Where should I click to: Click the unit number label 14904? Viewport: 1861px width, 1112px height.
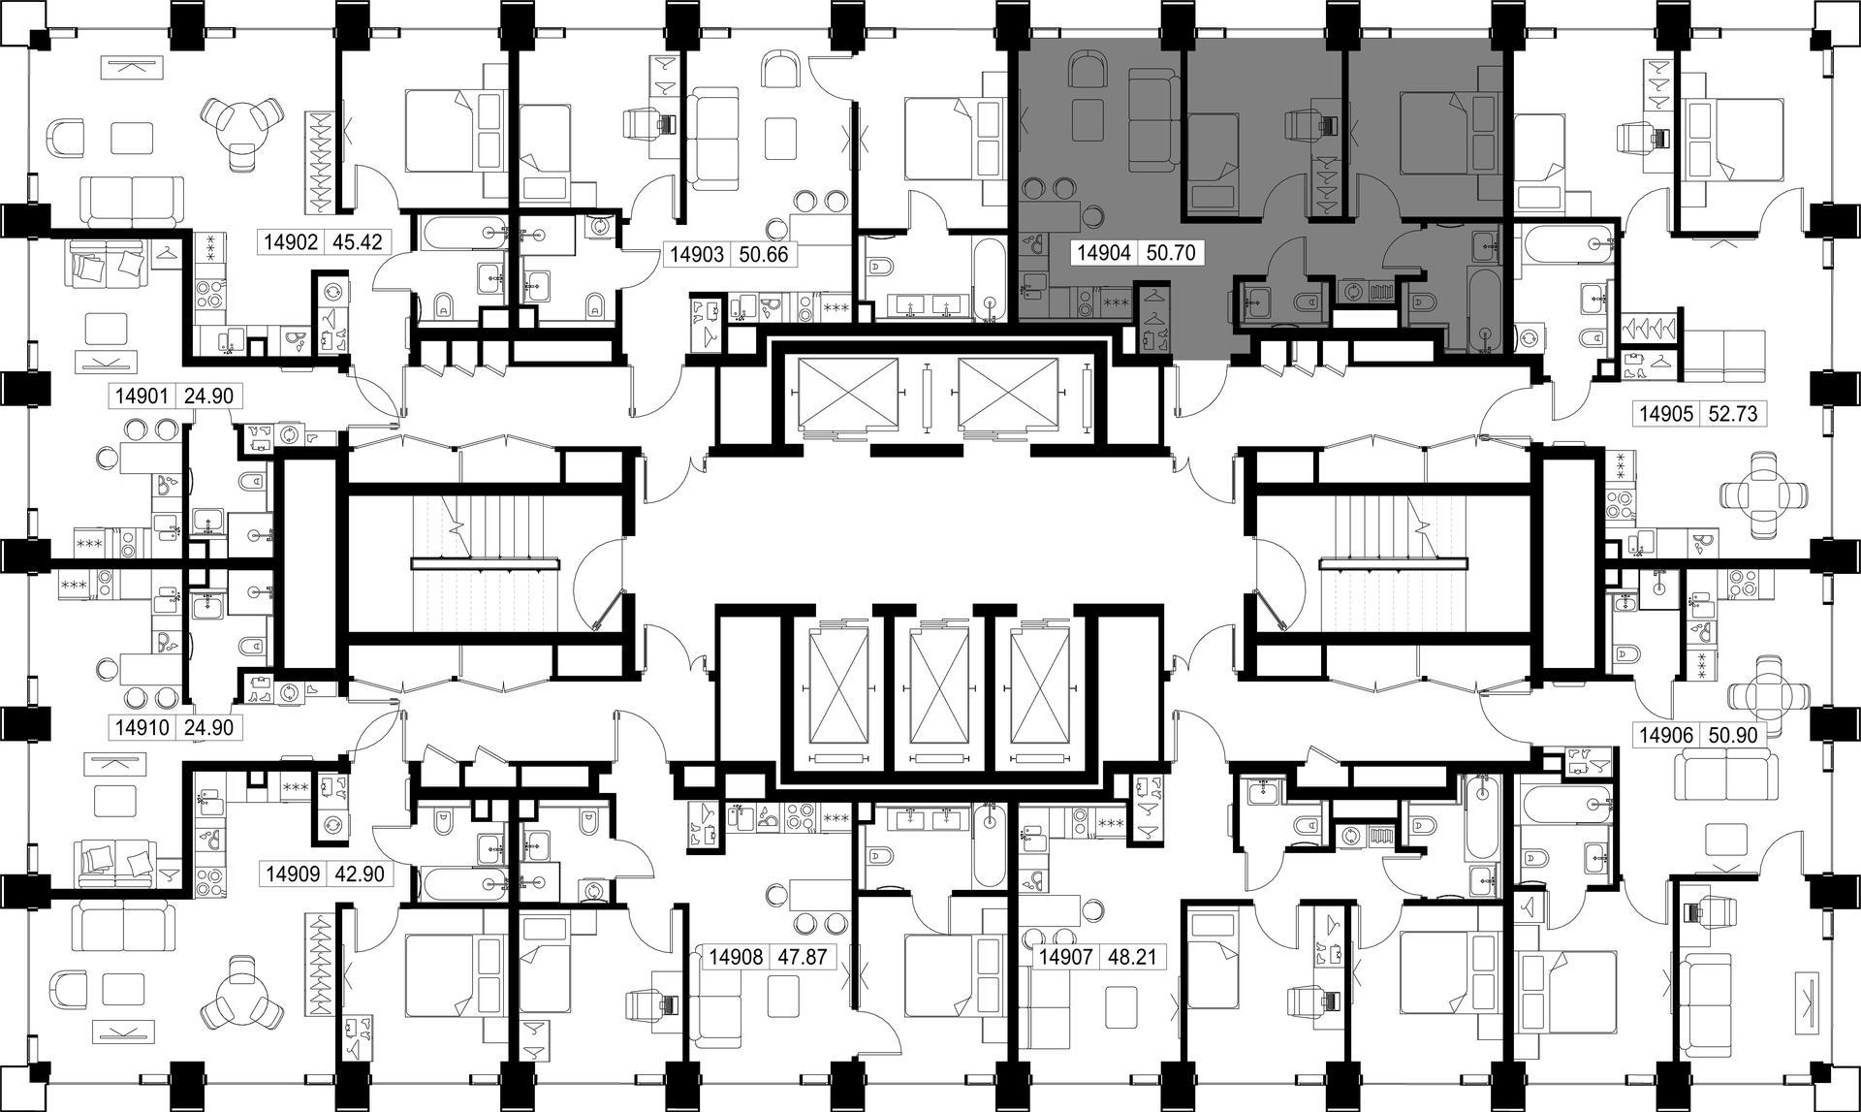1104,254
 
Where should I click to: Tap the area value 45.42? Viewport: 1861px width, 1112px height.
358,241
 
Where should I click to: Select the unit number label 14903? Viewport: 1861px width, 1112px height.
697,255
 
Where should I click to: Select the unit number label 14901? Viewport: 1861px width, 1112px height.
142,396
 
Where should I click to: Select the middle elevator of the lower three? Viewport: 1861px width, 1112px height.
939,686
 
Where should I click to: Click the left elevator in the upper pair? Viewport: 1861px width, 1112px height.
846,393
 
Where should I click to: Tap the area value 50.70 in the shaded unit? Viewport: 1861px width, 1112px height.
1171,254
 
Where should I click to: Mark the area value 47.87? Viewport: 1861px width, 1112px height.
803,958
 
